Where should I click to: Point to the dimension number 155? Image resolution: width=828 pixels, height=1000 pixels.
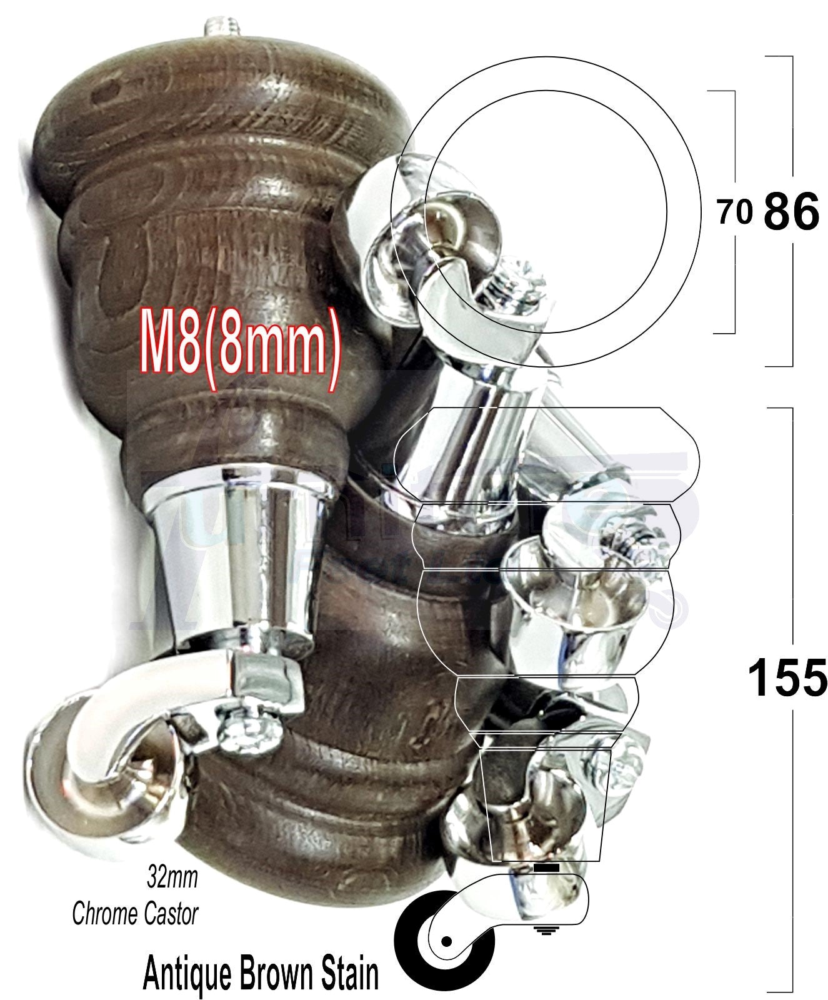[x=787, y=679]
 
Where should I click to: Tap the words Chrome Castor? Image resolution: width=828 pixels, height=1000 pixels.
[x=135, y=914]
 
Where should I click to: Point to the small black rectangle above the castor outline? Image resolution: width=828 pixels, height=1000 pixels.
[x=547, y=868]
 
